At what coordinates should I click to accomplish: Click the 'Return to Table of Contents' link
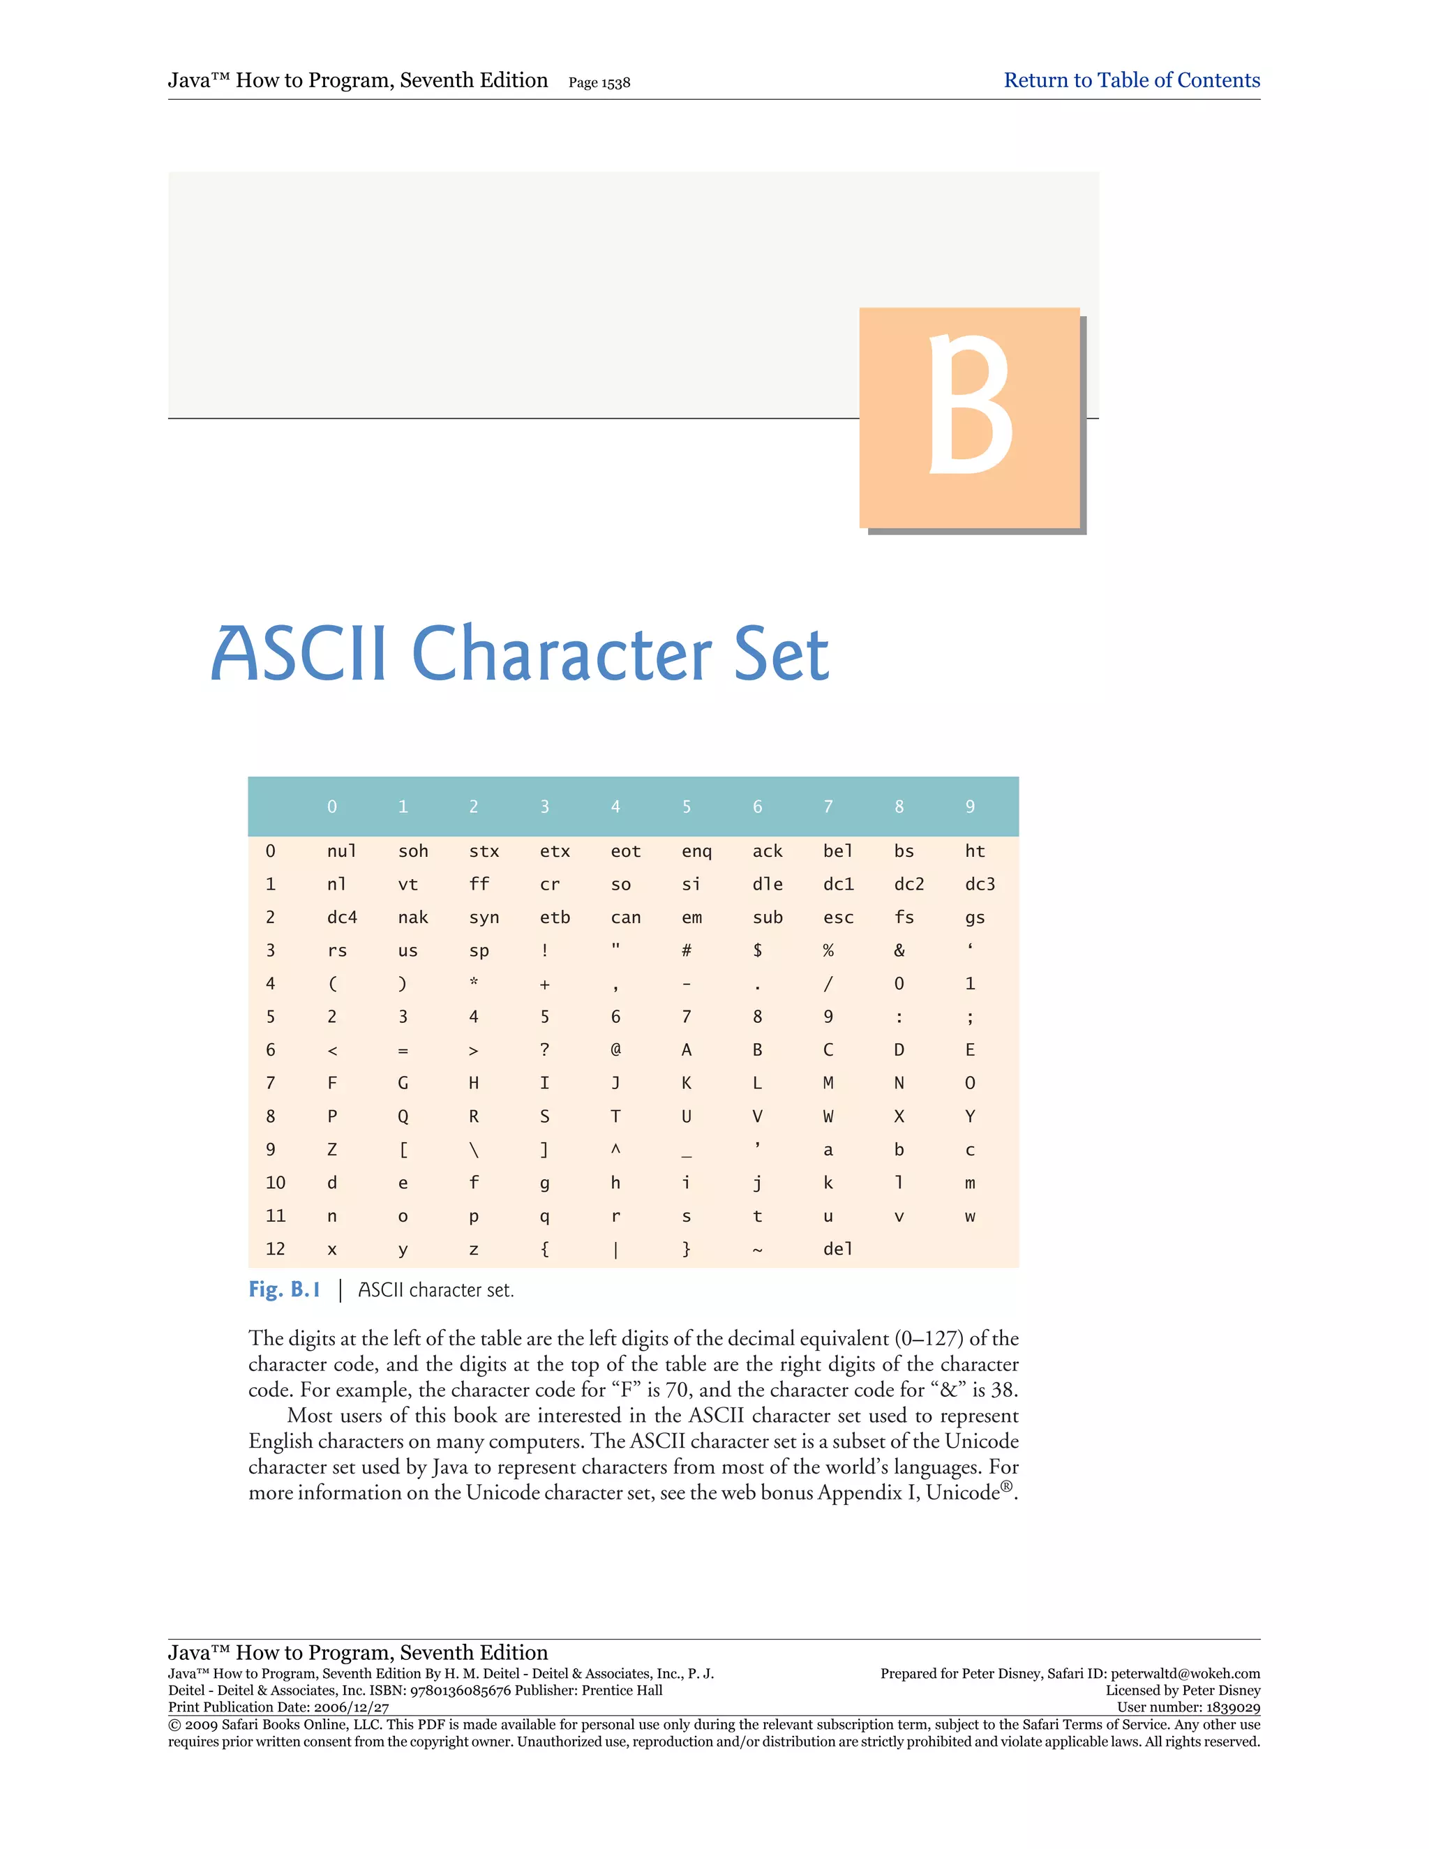pos(1131,80)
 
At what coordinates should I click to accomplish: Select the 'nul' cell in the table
pos(341,851)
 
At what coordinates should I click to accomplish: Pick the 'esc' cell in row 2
pos(838,917)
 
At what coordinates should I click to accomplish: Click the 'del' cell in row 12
pos(837,1249)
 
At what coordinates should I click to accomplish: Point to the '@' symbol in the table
pos(615,1050)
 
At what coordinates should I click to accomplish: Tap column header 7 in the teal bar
pos(828,807)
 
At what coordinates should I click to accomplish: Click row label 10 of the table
pos(275,1183)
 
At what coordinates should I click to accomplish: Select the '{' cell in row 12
pos(544,1249)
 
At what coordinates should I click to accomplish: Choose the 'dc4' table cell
pos(342,917)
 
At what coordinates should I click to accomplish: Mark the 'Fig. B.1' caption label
pos(285,1289)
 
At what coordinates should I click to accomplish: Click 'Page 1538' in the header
pos(599,83)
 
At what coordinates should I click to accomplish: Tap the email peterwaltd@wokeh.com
pos(1185,1673)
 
